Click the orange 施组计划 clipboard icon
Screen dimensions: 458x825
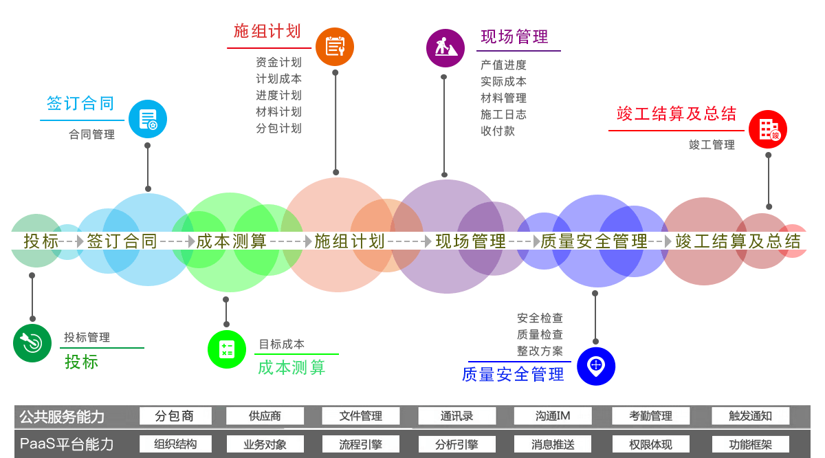pyautogui.click(x=335, y=47)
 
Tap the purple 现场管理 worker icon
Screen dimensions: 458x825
pyautogui.click(x=445, y=47)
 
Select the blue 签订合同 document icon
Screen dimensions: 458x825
pyautogui.click(x=148, y=119)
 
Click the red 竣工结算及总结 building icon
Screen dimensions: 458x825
pyautogui.click(x=768, y=129)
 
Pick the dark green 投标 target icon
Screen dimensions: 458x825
pyautogui.click(x=32, y=342)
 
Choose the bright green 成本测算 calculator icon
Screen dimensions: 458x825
pyautogui.click(x=226, y=349)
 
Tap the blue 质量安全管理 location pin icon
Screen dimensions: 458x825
pyautogui.click(x=595, y=366)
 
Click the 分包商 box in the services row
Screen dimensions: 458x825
pyautogui.click(x=175, y=416)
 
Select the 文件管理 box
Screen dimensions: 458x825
pyautogui.click(x=361, y=416)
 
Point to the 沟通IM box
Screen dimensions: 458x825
pyautogui.click(x=553, y=416)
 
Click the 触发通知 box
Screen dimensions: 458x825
pyautogui.click(x=750, y=416)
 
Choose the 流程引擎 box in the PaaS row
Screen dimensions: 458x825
pyautogui.click(x=361, y=444)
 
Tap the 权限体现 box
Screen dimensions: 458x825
pyautogui.click(x=650, y=444)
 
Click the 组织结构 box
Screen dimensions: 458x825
pyautogui.click(x=175, y=444)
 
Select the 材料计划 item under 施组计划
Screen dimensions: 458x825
pyautogui.click(x=278, y=111)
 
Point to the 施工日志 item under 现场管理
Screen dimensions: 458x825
pyautogui.click(x=503, y=114)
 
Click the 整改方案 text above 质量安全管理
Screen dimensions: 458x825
pyautogui.click(x=540, y=351)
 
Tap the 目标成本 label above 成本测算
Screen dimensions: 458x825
pyautogui.click(x=281, y=344)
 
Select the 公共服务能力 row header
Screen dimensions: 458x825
pyautogui.click(x=62, y=417)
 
